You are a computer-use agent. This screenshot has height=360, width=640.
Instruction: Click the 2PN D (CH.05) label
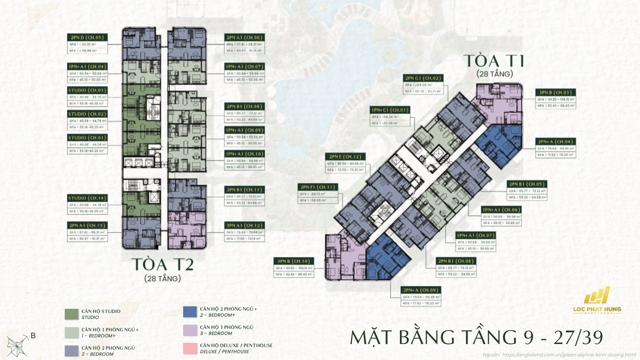tap(86, 38)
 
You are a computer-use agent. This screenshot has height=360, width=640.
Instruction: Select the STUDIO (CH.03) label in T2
tap(87, 90)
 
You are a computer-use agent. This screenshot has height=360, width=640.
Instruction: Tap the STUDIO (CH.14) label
tap(87, 198)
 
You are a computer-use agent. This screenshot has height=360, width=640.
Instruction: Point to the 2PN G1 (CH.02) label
tap(423, 78)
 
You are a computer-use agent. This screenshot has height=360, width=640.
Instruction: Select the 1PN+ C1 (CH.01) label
tap(390, 110)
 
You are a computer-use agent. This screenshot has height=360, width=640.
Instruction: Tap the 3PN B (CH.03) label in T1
tap(556, 92)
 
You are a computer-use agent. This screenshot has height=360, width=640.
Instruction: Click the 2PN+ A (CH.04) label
tap(556, 142)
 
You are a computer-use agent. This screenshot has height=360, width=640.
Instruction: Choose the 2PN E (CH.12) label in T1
tap(345, 157)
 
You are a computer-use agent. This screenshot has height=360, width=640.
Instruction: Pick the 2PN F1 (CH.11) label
tap(318, 187)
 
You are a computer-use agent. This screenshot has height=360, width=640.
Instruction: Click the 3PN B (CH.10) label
tap(293, 261)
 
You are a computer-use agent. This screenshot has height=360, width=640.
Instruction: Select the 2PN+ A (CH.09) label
tap(421, 290)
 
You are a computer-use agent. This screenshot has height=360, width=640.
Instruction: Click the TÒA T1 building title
tap(494, 61)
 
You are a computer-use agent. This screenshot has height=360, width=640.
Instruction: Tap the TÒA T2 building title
tap(162, 265)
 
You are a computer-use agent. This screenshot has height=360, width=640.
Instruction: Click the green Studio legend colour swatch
tap(72, 314)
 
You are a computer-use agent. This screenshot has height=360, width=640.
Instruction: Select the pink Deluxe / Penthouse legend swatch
tap(190, 348)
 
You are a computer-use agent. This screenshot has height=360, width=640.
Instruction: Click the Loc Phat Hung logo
tap(597, 300)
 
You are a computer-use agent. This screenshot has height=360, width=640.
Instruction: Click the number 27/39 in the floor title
tap(578, 338)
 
